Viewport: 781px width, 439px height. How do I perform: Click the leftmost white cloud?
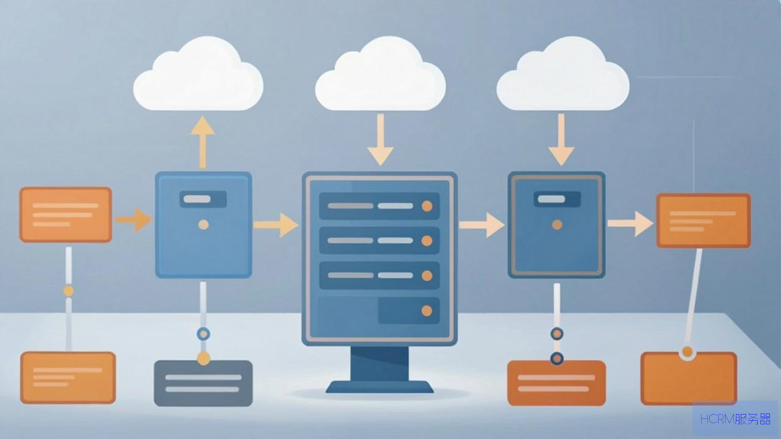[198, 75]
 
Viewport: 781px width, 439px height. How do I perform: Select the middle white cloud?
[380, 75]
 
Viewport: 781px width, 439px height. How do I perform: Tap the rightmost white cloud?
[563, 75]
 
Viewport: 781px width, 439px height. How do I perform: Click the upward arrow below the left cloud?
[203, 143]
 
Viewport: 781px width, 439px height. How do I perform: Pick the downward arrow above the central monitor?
[380, 140]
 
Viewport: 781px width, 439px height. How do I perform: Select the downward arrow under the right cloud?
[561, 140]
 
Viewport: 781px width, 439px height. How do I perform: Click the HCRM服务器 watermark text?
[735, 419]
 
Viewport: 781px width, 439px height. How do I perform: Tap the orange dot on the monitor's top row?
[427, 206]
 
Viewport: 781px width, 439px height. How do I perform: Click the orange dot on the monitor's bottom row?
[426, 311]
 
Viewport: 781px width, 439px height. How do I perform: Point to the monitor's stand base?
[380, 387]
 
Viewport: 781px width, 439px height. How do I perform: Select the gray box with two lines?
[203, 384]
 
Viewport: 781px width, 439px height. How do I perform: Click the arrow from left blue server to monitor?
[276, 225]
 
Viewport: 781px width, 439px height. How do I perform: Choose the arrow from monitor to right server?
[481, 225]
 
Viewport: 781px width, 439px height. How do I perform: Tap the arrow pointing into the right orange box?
[630, 224]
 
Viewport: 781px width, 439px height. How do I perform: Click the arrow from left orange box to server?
[134, 220]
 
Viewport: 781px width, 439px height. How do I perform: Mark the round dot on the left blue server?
[204, 225]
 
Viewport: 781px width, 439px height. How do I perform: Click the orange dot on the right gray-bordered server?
[557, 225]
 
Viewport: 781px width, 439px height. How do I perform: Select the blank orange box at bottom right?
[689, 379]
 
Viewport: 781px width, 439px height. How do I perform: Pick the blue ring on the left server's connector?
[203, 334]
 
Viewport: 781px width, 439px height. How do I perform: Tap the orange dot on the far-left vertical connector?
[69, 291]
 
